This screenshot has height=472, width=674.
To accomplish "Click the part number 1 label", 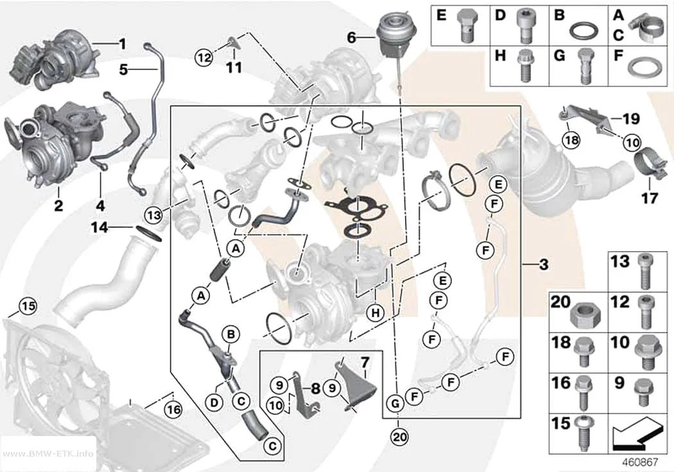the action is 123,44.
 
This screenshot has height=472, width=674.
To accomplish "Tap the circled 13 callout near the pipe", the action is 154,214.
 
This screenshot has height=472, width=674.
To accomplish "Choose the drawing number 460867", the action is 640,462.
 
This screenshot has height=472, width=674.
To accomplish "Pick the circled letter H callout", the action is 376,313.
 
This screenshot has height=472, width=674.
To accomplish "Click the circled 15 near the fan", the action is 28,306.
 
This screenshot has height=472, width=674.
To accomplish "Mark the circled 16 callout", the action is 174,409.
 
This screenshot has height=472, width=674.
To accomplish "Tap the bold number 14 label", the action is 99,227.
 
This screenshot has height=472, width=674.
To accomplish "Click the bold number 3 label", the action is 544,264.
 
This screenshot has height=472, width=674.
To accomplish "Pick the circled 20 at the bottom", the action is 400,437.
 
